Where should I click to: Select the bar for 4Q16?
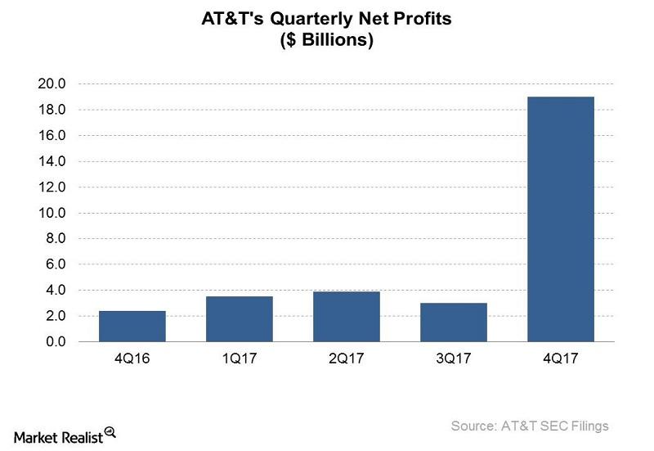coord(132,326)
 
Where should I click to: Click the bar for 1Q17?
coord(240,318)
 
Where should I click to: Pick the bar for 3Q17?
coord(454,322)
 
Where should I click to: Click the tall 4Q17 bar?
coord(561,219)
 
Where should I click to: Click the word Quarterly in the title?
coord(292,18)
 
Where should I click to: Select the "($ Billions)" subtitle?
coord(327,39)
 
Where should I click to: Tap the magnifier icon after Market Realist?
coord(110,434)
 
